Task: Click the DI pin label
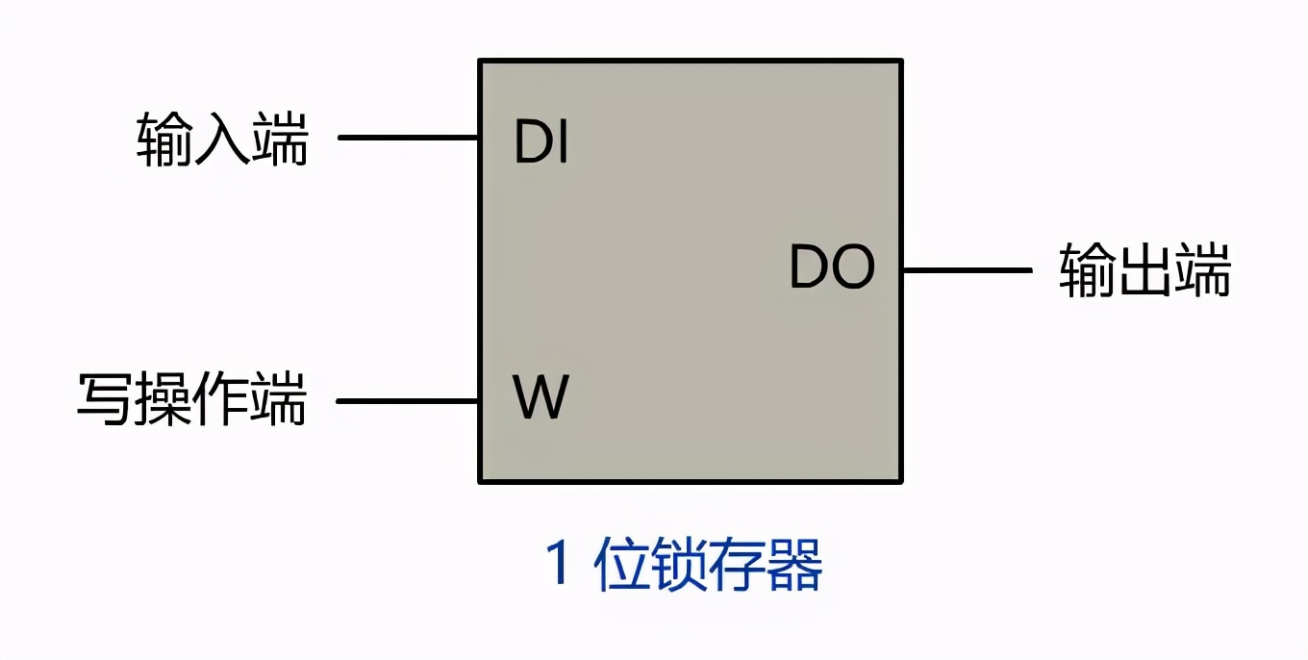pos(541,143)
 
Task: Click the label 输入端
pos(222,140)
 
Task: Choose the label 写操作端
pos(192,398)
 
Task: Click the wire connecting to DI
pos(409,138)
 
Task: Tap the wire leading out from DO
pos(967,269)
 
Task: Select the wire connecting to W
pos(409,400)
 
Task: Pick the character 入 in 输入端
pos(222,140)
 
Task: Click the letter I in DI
pos(563,143)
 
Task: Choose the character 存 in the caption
pos(738,565)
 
